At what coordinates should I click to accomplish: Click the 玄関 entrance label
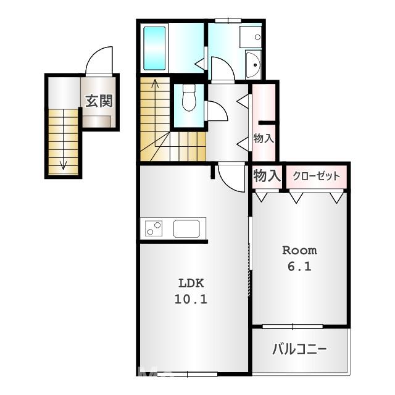pos(98,101)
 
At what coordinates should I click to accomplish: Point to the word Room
pos(299,251)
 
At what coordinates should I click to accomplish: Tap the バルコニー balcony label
pos(299,350)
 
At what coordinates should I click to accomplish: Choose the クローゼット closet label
pos(316,176)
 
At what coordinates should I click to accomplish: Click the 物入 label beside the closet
pos(267,176)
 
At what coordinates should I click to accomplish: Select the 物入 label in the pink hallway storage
pos(264,139)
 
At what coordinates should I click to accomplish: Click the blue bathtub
pos(154,48)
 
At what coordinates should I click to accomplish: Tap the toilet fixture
pos(189,99)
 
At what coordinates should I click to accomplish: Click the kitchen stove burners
pos(154,228)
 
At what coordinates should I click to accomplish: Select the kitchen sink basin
pos(186,228)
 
